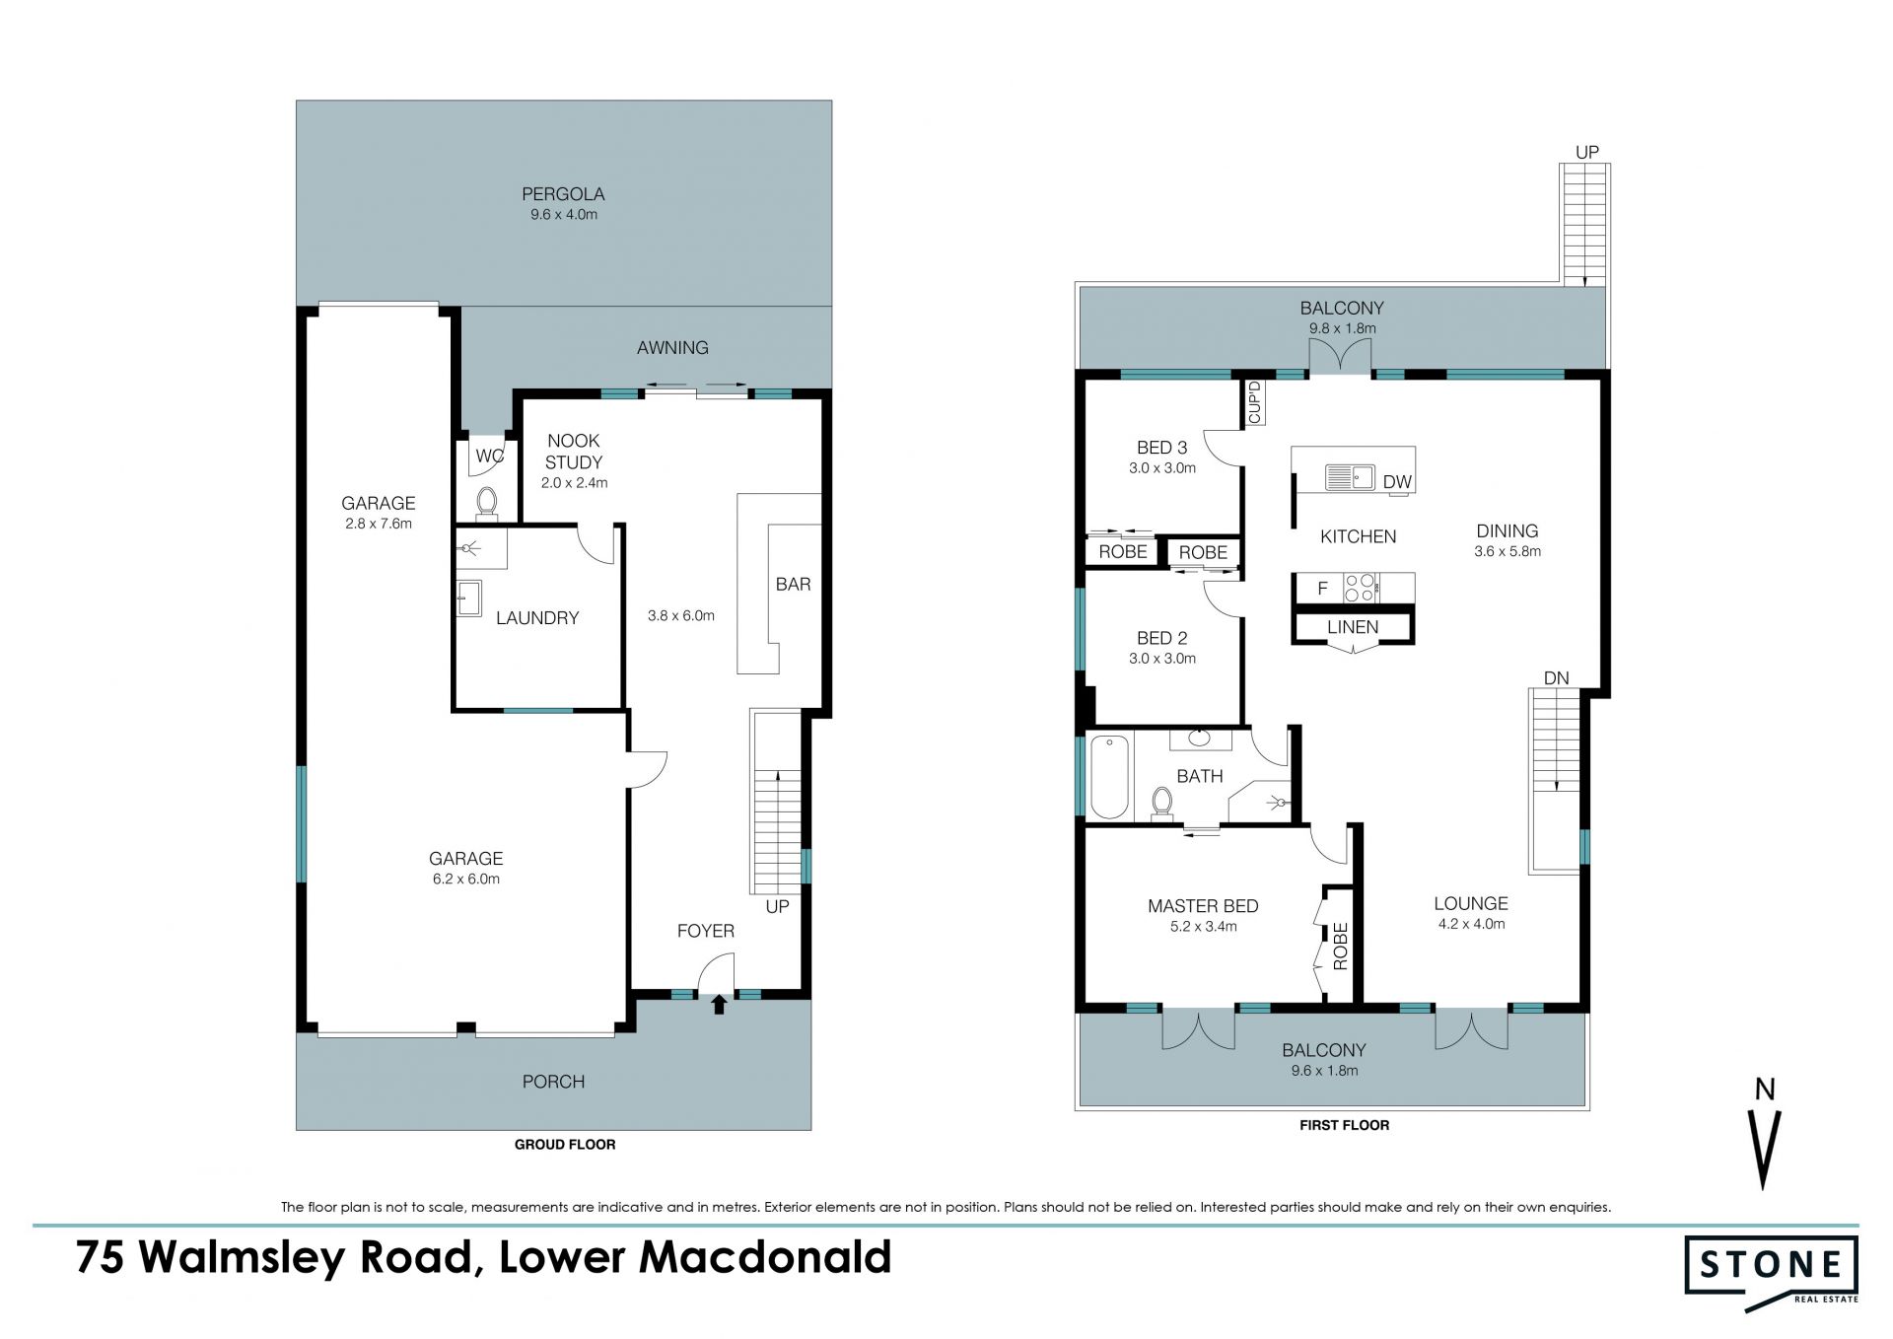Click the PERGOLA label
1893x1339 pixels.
click(563, 194)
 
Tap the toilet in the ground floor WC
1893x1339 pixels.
click(487, 503)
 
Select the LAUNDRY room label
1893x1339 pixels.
click(537, 618)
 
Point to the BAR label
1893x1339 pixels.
click(793, 585)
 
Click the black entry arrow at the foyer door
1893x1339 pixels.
click(719, 1004)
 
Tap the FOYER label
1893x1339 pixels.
click(706, 931)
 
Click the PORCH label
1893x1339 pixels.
click(553, 1082)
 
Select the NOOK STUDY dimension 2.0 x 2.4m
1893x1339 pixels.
click(574, 483)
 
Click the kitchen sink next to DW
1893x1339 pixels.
click(1350, 478)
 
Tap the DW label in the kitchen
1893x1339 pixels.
click(1397, 482)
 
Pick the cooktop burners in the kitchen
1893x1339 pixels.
click(1361, 588)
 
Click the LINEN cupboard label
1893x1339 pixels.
click(1353, 627)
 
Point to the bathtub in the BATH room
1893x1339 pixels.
click(1109, 777)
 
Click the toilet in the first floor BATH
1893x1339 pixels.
click(1162, 803)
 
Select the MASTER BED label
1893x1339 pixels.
click(1203, 906)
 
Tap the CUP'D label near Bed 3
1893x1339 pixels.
click(1255, 403)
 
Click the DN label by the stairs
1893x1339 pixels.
click(1556, 678)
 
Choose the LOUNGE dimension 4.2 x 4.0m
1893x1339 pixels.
click(1471, 924)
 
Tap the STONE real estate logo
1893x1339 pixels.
click(1771, 1271)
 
